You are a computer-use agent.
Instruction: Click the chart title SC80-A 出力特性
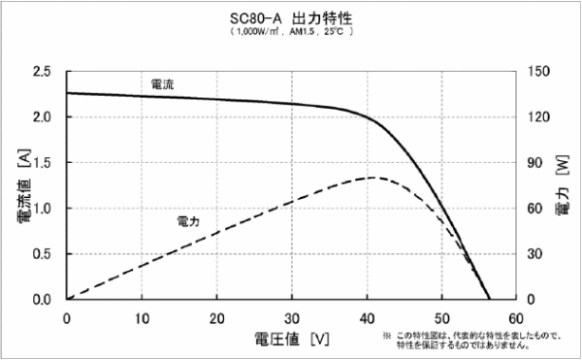click(291, 16)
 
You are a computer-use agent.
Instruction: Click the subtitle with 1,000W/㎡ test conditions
click(291, 32)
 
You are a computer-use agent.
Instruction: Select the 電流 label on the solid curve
click(162, 85)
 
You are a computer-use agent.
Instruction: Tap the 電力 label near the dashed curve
click(188, 221)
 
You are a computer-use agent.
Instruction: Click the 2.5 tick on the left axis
click(42, 72)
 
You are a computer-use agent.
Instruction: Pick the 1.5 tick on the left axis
click(42, 163)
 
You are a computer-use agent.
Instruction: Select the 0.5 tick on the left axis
click(42, 253)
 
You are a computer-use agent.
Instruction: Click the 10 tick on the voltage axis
click(142, 318)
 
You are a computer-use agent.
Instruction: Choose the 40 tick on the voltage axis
click(368, 318)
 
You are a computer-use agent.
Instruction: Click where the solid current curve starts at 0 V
click(67, 93)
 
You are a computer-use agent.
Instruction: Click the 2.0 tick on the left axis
click(42, 117)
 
